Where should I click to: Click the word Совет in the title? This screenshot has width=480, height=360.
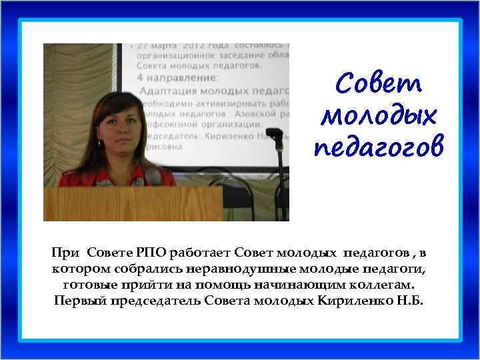point(379,84)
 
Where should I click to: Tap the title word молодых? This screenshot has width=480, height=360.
point(379,115)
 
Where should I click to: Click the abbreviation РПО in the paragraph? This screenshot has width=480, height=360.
point(153,253)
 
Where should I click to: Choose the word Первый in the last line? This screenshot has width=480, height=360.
point(75,301)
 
